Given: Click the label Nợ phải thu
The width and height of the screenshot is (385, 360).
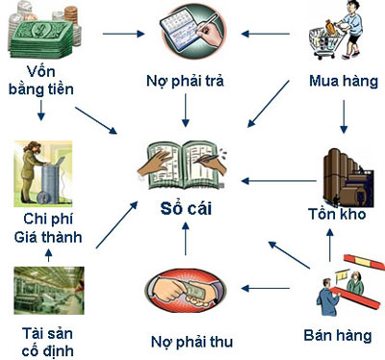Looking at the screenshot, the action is coord(192,341).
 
